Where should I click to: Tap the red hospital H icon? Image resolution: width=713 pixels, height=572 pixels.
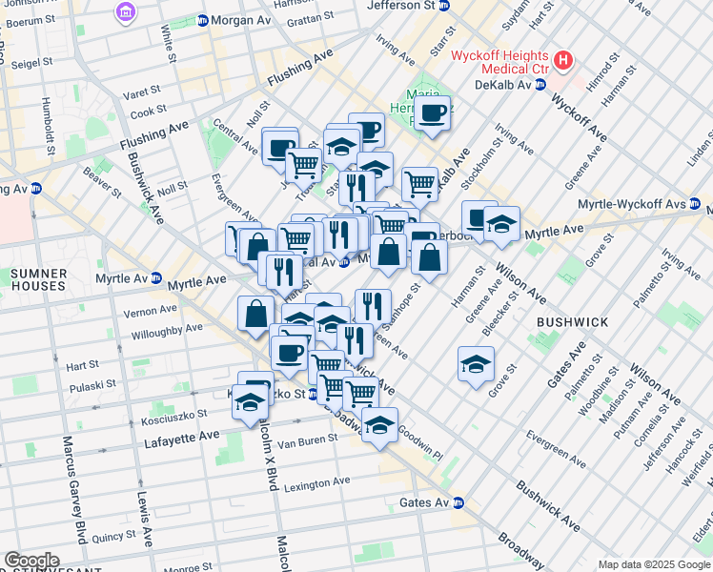coord(564,61)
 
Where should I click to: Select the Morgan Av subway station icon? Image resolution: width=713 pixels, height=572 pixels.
coord(202,20)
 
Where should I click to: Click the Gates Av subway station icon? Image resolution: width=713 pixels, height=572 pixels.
coord(458,502)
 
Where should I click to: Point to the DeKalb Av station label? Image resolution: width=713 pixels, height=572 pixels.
coord(501,84)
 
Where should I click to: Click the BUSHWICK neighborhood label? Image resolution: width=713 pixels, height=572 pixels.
coord(572,322)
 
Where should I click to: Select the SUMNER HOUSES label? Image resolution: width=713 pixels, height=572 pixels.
coord(38,280)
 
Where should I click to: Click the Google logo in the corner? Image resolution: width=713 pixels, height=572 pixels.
coord(31,561)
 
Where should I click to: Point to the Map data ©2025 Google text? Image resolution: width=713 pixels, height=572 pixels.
coord(653,564)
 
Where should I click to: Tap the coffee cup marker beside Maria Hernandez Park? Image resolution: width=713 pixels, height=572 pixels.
coord(433,113)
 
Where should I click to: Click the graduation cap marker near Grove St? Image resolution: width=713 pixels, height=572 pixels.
coord(476,363)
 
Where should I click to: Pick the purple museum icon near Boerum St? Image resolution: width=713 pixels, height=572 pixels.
coord(124,12)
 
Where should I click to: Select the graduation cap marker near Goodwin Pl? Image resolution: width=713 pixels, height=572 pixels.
coord(379,424)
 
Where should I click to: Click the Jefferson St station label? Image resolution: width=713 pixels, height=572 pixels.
coord(407,5)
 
